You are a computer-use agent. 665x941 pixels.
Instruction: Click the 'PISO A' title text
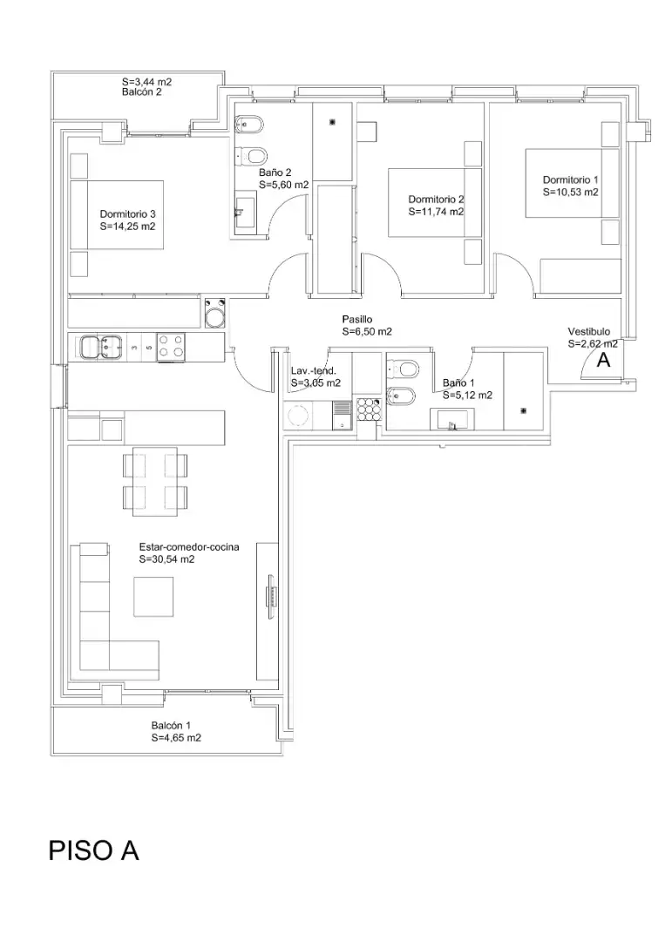tap(93, 850)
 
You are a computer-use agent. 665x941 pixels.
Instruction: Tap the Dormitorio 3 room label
tap(128, 213)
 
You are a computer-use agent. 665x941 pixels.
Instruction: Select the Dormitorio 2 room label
tap(437, 200)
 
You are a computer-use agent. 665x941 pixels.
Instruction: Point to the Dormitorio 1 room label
tap(570, 179)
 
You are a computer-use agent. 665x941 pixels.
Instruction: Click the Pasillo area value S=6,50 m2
tap(367, 331)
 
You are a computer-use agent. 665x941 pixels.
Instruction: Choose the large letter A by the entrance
tap(603, 360)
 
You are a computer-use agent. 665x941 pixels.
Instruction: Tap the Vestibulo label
tap(589, 331)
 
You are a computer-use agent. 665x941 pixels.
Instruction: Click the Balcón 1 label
tap(171, 726)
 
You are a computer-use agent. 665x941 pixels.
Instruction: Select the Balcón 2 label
tap(142, 92)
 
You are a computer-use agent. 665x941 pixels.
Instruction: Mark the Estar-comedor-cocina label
tap(189, 546)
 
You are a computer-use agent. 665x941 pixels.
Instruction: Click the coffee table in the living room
tap(153, 597)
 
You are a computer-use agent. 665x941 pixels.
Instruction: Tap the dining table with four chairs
tap(155, 481)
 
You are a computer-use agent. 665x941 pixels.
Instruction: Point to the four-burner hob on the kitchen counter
tap(171, 347)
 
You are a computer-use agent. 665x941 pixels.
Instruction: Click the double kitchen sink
tap(98, 347)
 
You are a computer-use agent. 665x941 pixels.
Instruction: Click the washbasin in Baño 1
tap(452, 419)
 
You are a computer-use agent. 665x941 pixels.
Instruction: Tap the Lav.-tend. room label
tap(313, 371)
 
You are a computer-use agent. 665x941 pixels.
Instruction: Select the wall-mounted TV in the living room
tap(272, 597)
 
